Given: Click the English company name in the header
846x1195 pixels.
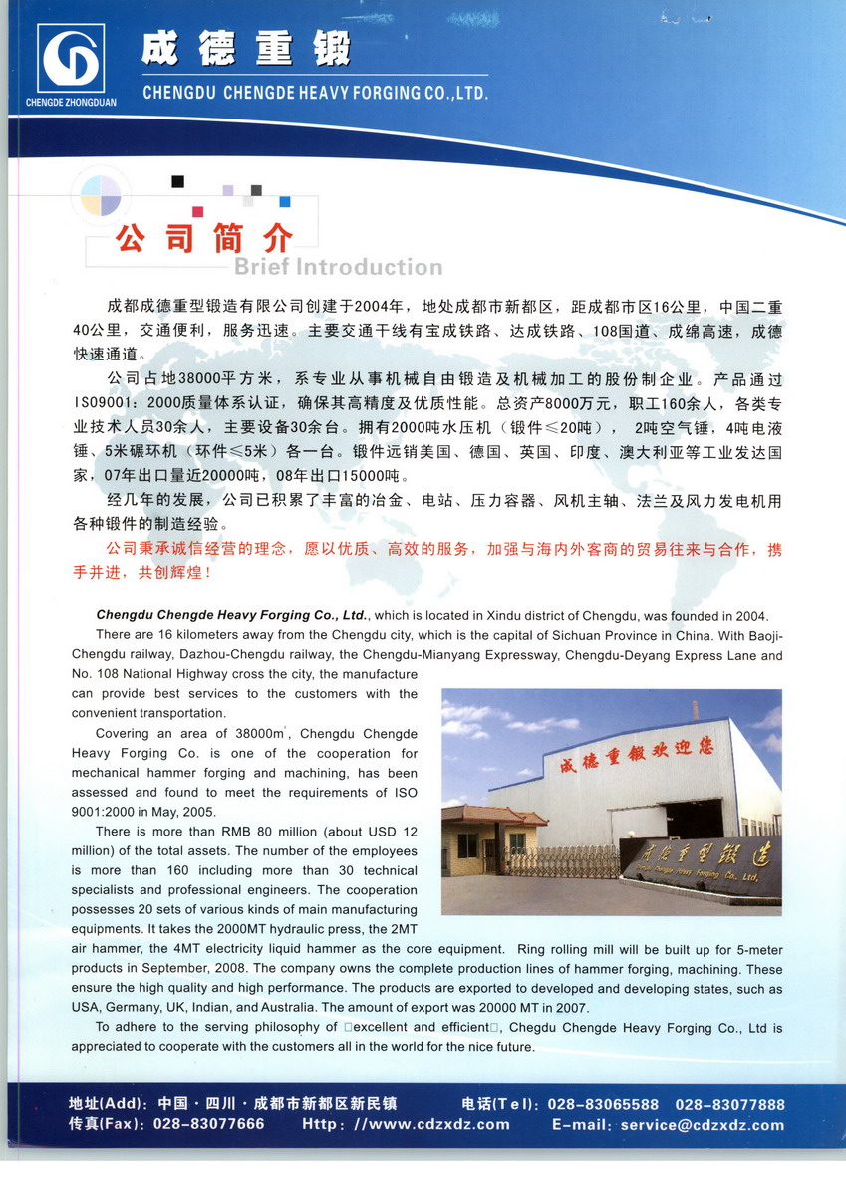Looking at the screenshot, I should click(315, 93).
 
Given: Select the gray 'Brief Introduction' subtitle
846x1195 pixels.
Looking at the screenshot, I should click(338, 267).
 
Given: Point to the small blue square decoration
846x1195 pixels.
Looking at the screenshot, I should click(285, 201).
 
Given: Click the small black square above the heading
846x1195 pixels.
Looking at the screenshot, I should click(177, 181).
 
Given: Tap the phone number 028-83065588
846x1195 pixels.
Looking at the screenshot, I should click(603, 1105).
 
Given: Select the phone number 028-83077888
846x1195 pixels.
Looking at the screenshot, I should click(729, 1105).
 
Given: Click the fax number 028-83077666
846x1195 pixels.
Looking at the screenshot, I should click(208, 1124).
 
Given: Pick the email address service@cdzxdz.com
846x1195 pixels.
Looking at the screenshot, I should click(702, 1124).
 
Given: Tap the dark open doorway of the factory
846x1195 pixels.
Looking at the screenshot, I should click(696, 818).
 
